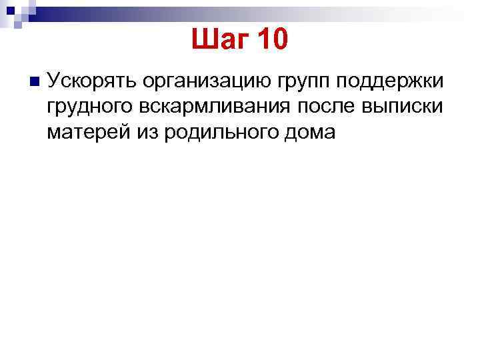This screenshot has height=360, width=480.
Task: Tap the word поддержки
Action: click(391, 82)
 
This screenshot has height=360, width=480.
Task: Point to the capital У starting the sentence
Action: click(54, 81)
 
